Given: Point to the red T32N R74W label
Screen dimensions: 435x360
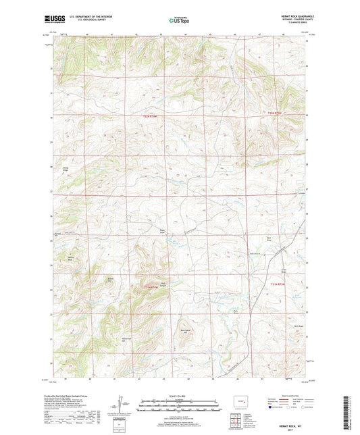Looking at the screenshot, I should pyautogui.click(x=155, y=117).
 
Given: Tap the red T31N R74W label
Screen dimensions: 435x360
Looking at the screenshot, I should pyautogui.click(x=155, y=288).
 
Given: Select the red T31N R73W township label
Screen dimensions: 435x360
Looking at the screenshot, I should pyautogui.click(x=278, y=284).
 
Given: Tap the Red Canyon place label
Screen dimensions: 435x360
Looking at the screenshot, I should pyautogui.click(x=162, y=283).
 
